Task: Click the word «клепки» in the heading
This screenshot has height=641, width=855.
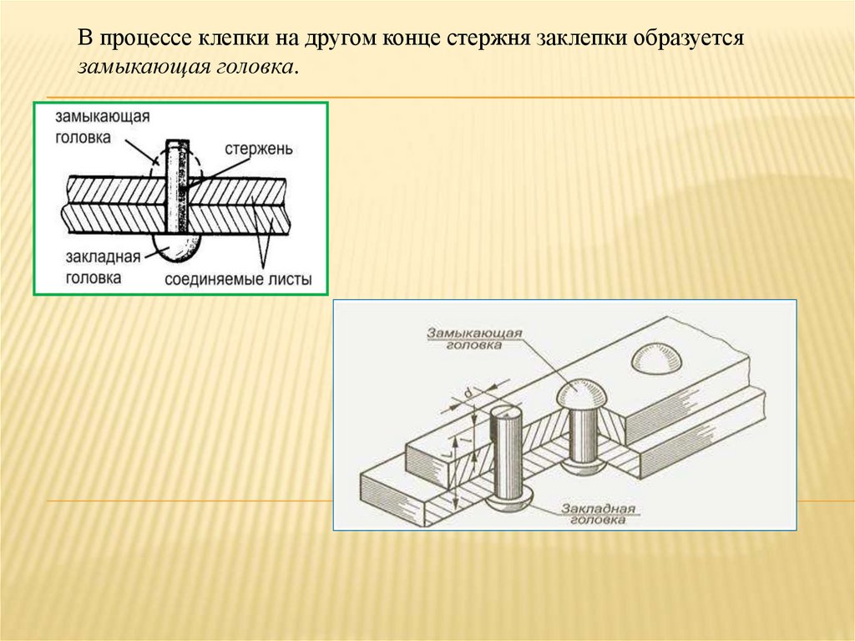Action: [230, 40]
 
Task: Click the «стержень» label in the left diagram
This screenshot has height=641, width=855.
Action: [258, 149]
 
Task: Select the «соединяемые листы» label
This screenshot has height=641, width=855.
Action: [237, 280]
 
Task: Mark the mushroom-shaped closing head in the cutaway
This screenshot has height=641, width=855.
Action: [582, 396]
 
